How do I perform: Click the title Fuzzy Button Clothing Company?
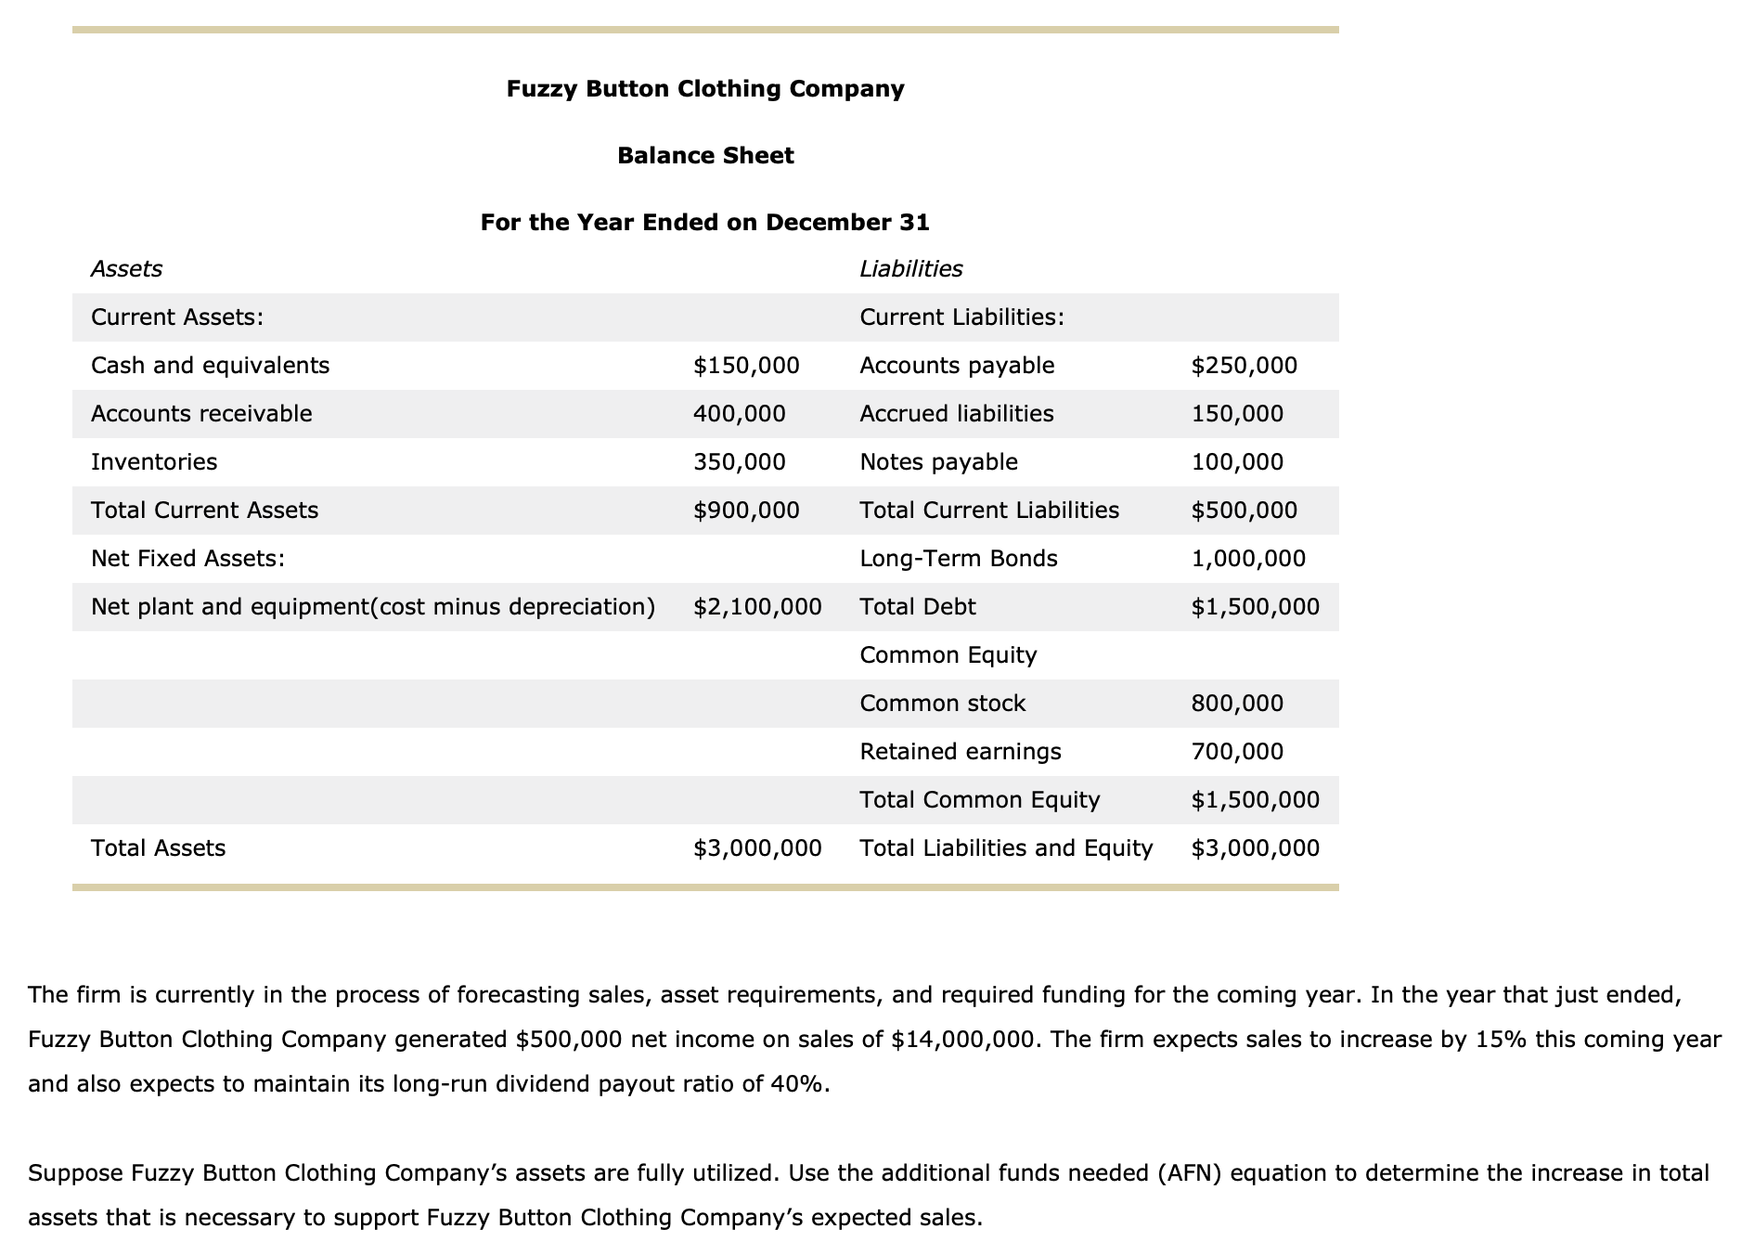point(705,89)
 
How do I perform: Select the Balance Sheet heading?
point(705,155)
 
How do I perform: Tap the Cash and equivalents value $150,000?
point(746,366)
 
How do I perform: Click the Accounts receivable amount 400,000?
point(739,414)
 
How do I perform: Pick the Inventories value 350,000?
point(739,462)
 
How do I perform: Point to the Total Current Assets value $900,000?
point(746,511)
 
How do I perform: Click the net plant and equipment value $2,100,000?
point(757,607)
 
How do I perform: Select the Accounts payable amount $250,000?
point(1244,366)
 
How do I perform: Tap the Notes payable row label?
point(938,462)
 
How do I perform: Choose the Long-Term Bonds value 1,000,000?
point(1247,559)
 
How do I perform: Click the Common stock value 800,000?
point(1237,704)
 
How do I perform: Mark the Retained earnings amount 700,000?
point(1237,752)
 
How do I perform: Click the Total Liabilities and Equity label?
point(1006,848)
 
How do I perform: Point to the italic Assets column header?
point(126,269)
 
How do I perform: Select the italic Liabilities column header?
point(910,269)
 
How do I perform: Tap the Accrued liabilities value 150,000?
point(1237,414)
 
